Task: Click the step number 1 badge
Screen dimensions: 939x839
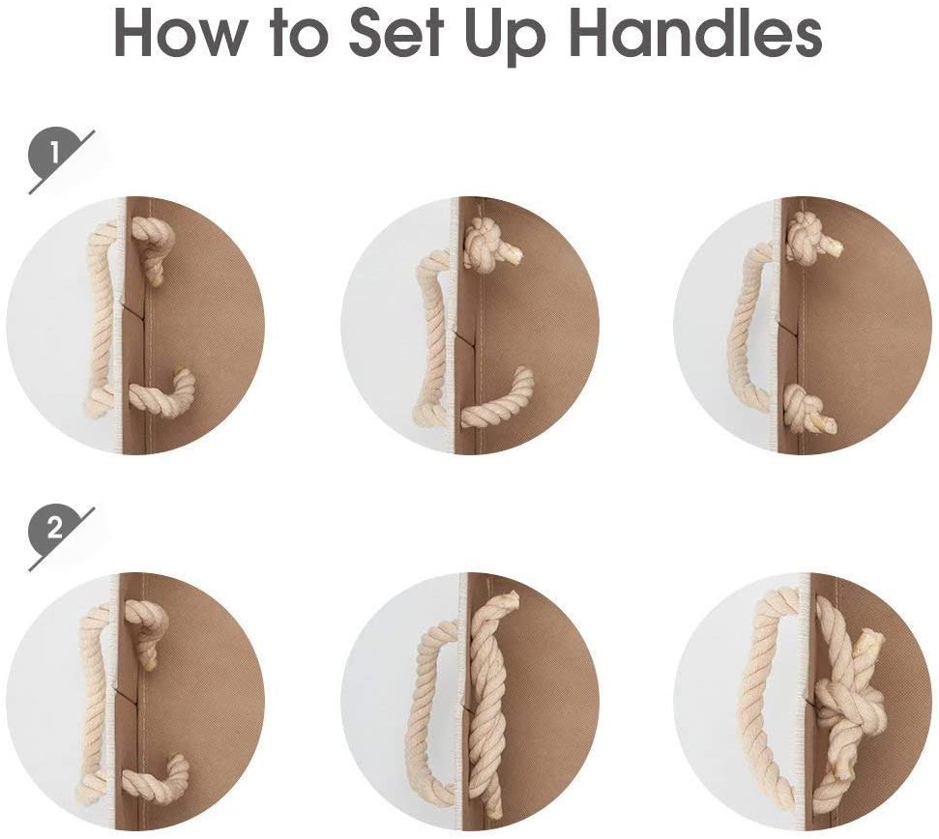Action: (x=54, y=156)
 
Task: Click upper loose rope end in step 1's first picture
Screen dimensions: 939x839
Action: (x=149, y=251)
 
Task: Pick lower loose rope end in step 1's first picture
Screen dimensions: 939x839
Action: (x=163, y=395)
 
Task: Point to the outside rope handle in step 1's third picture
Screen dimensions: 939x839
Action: (x=749, y=323)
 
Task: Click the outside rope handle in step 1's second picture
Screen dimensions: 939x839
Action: (x=432, y=335)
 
